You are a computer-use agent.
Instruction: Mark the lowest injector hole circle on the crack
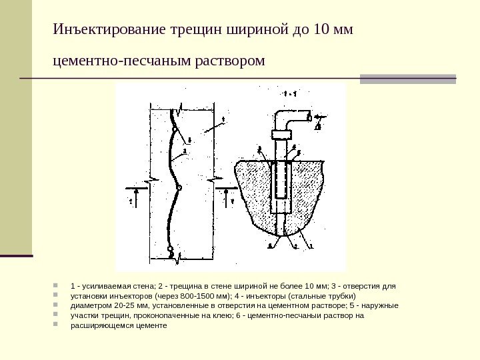click(x=171, y=251)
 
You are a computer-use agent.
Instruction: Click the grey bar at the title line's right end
click(x=408, y=79)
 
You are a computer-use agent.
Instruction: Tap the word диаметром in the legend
click(x=89, y=306)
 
